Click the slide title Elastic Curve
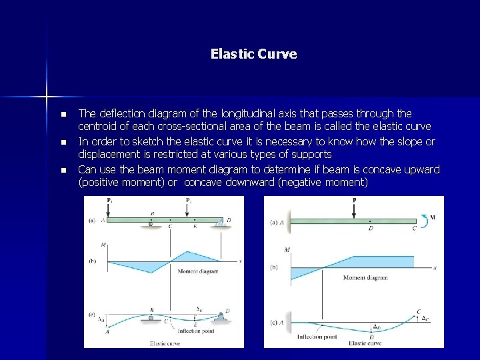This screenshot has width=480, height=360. click(253, 53)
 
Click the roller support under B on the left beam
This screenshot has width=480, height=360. click(151, 226)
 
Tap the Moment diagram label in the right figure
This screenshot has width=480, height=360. click(365, 277)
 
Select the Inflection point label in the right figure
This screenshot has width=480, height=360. click(319, 337)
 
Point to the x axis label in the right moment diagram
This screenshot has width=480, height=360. click(435, 268)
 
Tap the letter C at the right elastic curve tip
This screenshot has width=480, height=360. click(419, 311)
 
